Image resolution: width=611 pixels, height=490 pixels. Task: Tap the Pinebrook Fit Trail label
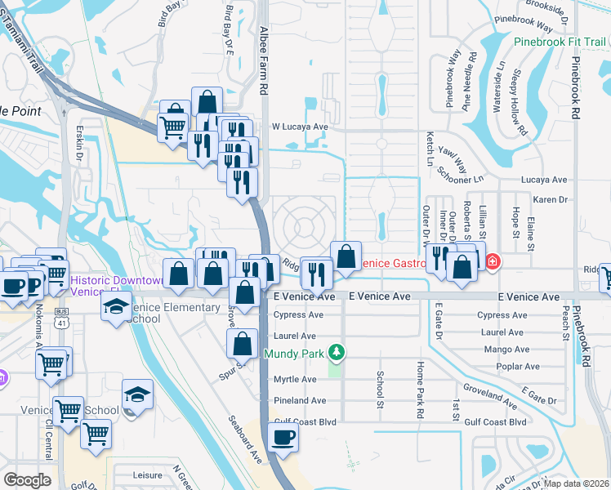pyautogui.click(x=560, y=42)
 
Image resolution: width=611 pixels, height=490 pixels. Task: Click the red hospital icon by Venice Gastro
pyautogui.click(x=493, y=262)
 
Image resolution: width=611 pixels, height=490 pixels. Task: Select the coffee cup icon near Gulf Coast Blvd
pyautogui.click(x=283, y=437)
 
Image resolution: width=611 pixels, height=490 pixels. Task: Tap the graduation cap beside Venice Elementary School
pyautogui.click(x=116, y=306)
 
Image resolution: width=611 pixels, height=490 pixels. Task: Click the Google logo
pyautogui.click(x=27, y=479)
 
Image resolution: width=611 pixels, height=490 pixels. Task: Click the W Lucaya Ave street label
pyautogui.click(x=300, y=127)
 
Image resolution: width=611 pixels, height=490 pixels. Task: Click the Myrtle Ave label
pyautogui.click(x=295, y=379)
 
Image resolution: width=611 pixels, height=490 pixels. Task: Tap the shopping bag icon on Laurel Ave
pyautogui.click(x=243, y=344)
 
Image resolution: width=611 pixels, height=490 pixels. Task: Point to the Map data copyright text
pyautogui.click(x=576, y=483)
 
